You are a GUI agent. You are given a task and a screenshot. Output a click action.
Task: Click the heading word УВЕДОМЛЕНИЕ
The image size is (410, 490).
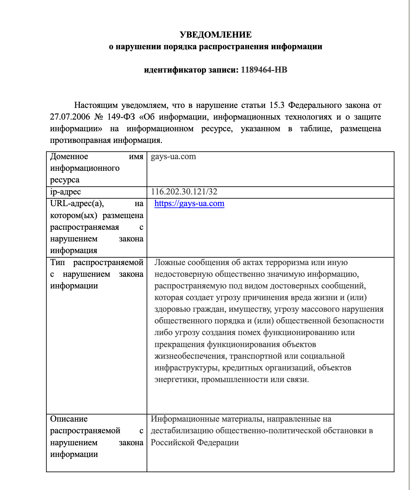pos(216,35)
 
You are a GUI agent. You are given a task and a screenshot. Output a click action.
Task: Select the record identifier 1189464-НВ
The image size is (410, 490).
pos(264,70)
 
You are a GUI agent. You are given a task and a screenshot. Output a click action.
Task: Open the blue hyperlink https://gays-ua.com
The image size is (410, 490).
pos(189,204)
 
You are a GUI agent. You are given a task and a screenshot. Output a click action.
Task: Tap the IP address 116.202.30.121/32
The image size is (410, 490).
pos(184,192)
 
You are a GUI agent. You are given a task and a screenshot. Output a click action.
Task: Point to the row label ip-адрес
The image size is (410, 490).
pos(66,192)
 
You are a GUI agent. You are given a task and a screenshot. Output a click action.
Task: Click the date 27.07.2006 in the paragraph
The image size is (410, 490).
pos(70,117)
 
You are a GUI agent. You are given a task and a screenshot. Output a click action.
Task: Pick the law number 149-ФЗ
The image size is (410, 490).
pos(121,117)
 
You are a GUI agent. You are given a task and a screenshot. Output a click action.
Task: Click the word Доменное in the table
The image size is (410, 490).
pos(69,157)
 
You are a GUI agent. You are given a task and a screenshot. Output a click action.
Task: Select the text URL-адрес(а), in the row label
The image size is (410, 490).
pos(77,204)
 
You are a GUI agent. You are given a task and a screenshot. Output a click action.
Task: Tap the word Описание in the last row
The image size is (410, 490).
pos(69,419)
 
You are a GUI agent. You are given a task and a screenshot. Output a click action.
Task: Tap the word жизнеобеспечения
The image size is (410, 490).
pos(190,356)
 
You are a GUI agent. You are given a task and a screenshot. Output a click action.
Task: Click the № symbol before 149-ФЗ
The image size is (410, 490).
pos(99,117)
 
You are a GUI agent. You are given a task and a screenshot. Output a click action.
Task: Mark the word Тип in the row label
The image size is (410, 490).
pos(57,262)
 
